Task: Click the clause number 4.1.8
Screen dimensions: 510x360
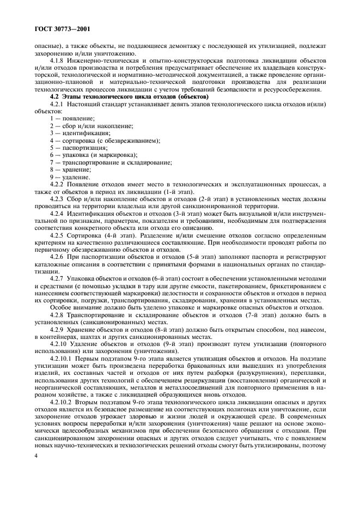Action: pos(58,59)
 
